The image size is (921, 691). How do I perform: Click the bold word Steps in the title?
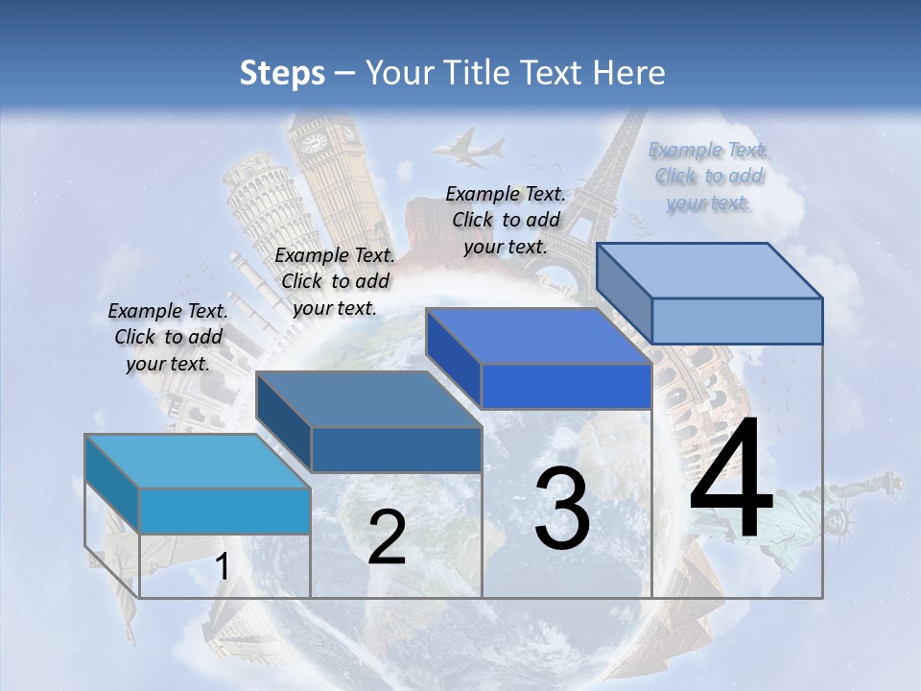coord(282,73)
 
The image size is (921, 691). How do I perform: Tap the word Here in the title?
coord(629,73)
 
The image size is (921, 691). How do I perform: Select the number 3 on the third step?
coord(561,509)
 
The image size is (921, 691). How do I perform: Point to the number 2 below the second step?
coord(387,537)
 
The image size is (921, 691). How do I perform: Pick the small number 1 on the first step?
coord(222,566)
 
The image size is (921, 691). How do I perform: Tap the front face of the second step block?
coord(396,449)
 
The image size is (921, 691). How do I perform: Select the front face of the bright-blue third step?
coord(566,386)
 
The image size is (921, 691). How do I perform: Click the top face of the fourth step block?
coord(710,271)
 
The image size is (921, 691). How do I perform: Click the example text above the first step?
coord(168,337)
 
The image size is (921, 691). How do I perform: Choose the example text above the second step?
coord(335,281)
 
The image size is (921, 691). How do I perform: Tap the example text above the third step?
coord(506,220)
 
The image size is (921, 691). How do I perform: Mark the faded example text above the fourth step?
coord(708,176)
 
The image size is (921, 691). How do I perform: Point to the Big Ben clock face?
coord(314,143)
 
